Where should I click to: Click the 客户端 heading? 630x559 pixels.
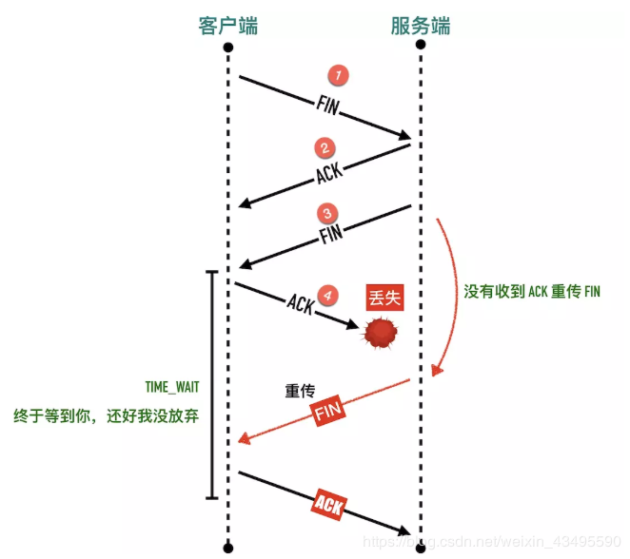click(x=227, y=24)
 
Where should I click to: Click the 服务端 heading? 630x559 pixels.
click(x=420, y=24)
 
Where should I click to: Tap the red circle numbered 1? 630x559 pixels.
click(x=336, y=75)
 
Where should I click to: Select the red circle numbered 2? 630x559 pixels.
click(x=325, y=148)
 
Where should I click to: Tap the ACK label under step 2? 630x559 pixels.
click(x=330, y=175)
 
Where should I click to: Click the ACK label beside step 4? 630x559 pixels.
click(x=300, y=304)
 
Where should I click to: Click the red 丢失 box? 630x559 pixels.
click(x=385, y=298)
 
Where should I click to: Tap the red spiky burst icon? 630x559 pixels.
click(x=380, y=334)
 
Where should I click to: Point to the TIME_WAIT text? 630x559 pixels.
click(x=171, y=387)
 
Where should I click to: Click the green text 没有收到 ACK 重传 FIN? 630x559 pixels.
click(x=532, y=292)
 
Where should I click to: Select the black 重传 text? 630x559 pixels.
click(x=300, y=391)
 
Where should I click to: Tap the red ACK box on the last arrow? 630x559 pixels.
click(x=328, y=503)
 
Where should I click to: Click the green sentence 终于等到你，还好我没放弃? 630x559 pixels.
click(x=106, y=415)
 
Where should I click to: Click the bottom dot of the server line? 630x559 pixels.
click(x=420, y=548)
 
